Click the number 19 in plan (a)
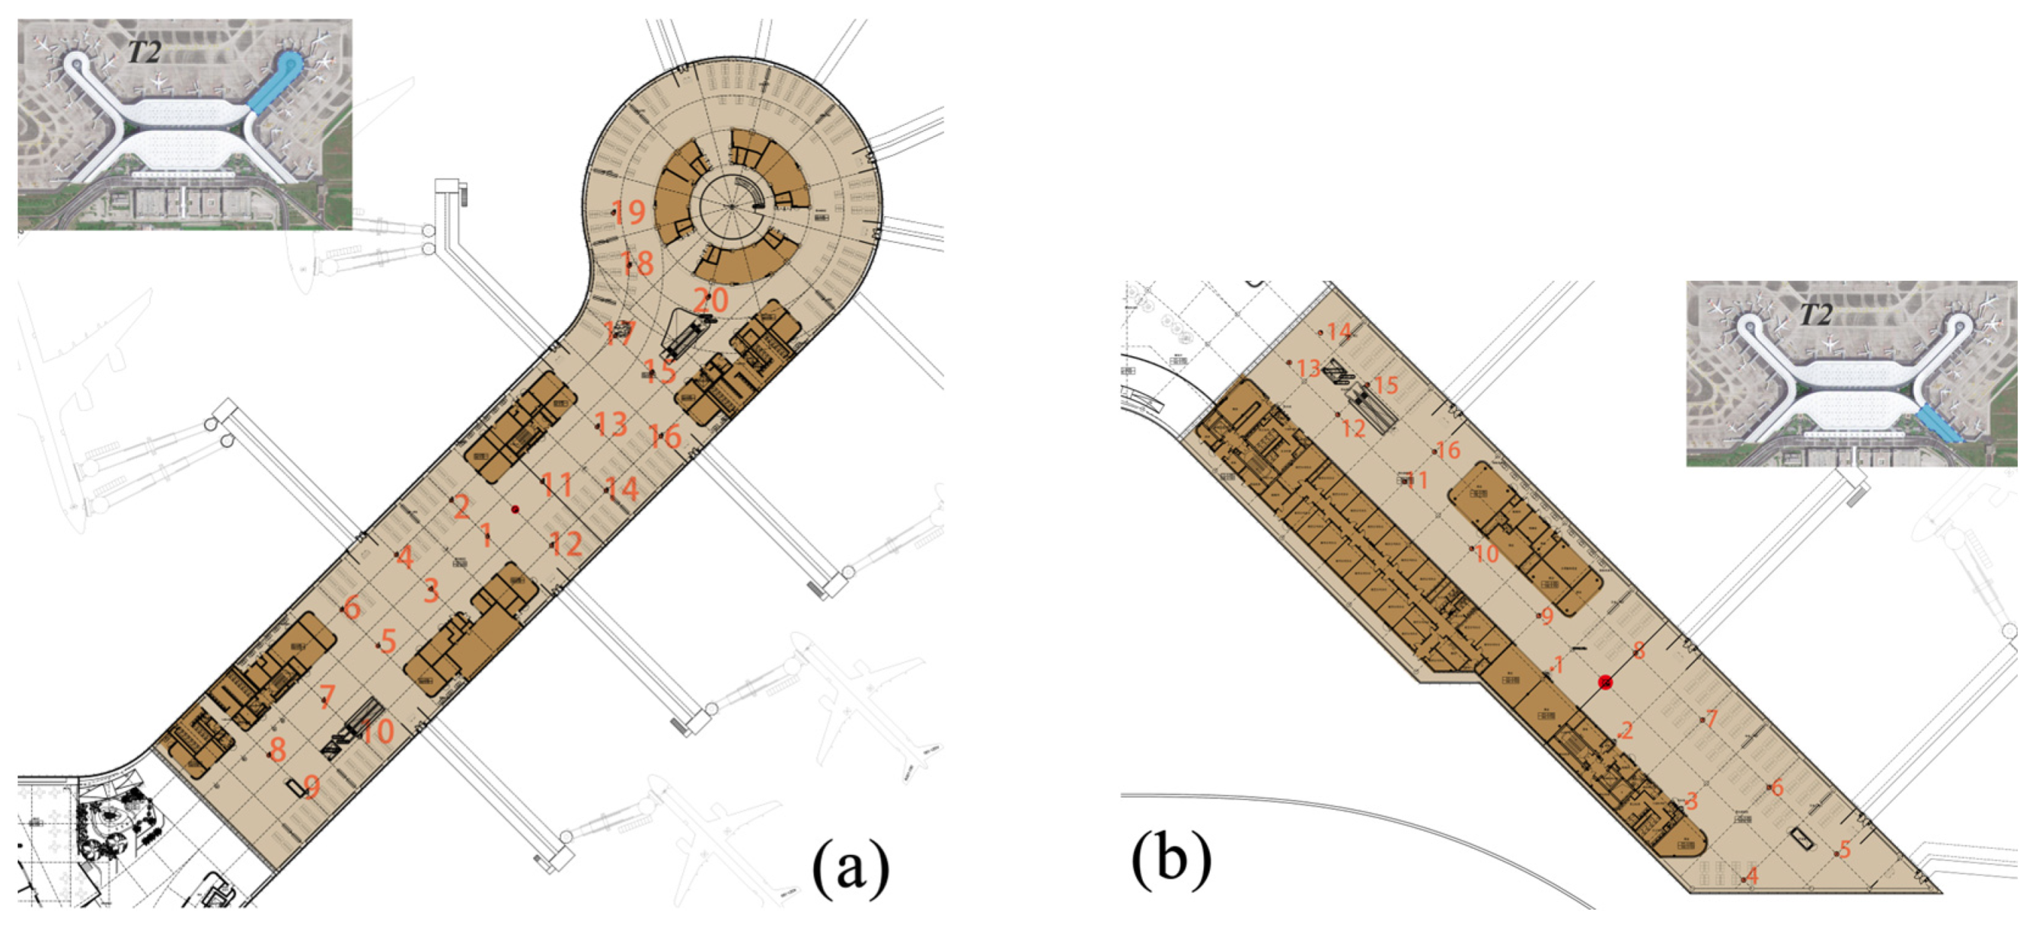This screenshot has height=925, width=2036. coord(630,212)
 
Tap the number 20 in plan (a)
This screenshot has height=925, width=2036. coord(710,301)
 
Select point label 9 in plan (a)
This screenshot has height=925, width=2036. coord(312,786)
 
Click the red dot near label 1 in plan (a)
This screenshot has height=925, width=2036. coord(515,510)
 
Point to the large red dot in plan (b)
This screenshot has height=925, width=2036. coord(1605,681)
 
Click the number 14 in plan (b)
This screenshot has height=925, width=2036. coord(1339,332)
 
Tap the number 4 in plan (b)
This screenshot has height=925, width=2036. coord(1752,876)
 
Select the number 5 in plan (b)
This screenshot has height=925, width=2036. coord(1845,850)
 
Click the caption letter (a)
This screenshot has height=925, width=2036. coord(850,869)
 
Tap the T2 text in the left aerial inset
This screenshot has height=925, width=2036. coord(145,53)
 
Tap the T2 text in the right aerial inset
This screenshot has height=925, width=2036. coord(1815,315)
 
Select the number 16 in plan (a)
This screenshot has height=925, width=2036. coord(665,435)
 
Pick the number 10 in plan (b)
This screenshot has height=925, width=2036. coord(1487,553)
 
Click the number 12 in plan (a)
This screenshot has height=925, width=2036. coord(566,544)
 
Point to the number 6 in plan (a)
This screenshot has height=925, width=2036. coord(353,608)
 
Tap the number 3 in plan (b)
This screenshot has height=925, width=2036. coord(1691,801)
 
